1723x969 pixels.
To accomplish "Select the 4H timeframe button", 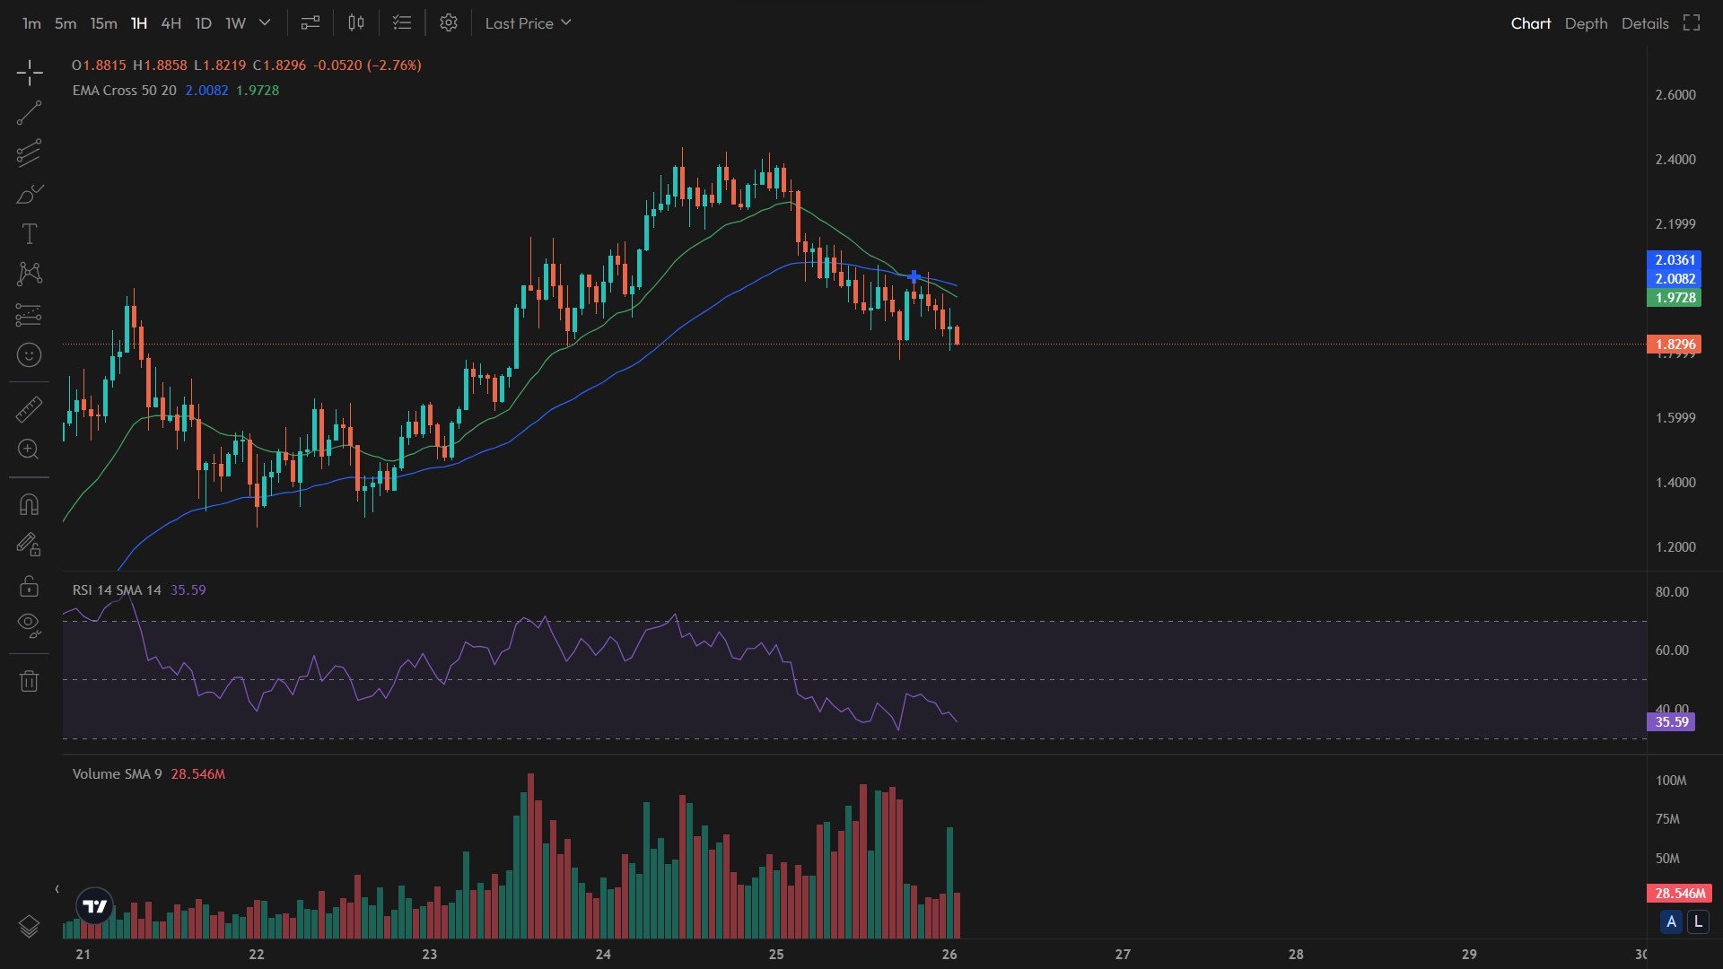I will click(x=171, y=23).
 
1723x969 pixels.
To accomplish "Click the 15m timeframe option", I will click(x=103, y=23).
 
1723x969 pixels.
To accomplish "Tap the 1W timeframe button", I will click(x=235, y=23).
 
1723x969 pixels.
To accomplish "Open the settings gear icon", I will click(x=449, y=23).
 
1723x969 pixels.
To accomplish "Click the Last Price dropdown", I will click(x=528, y=23).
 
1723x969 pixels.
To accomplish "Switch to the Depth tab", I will click(x=1586, y=23).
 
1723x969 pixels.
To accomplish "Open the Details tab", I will click(x=1644, y=23).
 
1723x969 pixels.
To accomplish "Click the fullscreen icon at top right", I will click(x=1692, y=23).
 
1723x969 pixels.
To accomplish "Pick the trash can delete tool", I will click(x=29, y=682).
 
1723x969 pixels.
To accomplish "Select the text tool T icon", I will click(x=29, y=234).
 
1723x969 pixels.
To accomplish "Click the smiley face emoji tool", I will click(x=29, y=355).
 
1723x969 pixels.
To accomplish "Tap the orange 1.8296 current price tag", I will click(x=1674, y=345).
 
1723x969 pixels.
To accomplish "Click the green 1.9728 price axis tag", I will click(x=1674, y=298).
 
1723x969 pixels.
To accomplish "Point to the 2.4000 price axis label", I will click(x=1675, y=160).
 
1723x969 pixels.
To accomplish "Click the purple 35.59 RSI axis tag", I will click(x=1671, y=722).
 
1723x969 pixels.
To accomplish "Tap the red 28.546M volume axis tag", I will click(x=1679, y=894).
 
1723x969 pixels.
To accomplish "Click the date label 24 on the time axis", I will click(x=603, y=955).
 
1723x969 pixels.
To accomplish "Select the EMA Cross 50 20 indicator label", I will click(x=124, y=91).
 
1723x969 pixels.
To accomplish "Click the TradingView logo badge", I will click(x=94, y=906).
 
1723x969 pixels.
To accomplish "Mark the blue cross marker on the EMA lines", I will click(x=914, y=276).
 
